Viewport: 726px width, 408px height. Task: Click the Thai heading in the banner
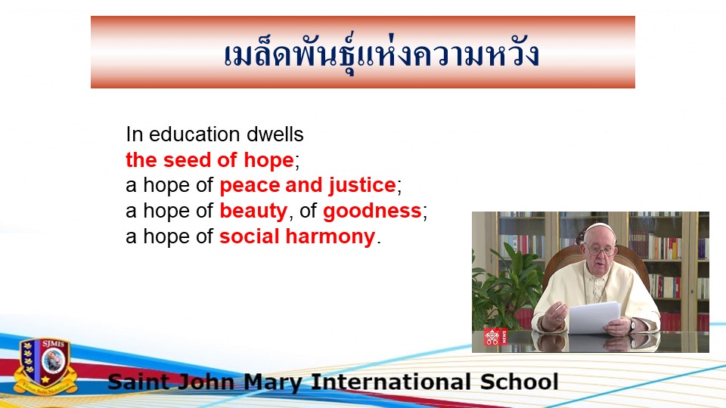click(x=381, y=54)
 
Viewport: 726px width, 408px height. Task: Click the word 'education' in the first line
click(x=195, y=134)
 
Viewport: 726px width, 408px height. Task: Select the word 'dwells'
click(x=275, y=134)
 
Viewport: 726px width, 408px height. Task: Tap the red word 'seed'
click(x=187, y=160)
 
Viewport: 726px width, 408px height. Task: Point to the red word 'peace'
click(x=250, y=186)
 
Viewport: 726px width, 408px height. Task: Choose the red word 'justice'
click(x=362, y=186)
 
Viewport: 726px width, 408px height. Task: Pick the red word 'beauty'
click(x=253, y=212)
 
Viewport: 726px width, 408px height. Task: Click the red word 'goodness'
click(x=372, y=212)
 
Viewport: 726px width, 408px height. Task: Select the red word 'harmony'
click(x=330, y=237)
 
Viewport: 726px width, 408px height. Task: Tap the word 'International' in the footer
click(x=391, y=382)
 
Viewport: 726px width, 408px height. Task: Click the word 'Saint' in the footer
click(x=138, y=382)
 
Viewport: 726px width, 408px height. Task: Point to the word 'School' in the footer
click(x=519, y=382)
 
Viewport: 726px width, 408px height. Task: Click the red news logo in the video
click(x=495, y=337)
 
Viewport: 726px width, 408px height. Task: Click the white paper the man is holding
click(x=594, y=317)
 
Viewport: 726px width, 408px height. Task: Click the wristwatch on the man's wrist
click(x=632, y=326)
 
